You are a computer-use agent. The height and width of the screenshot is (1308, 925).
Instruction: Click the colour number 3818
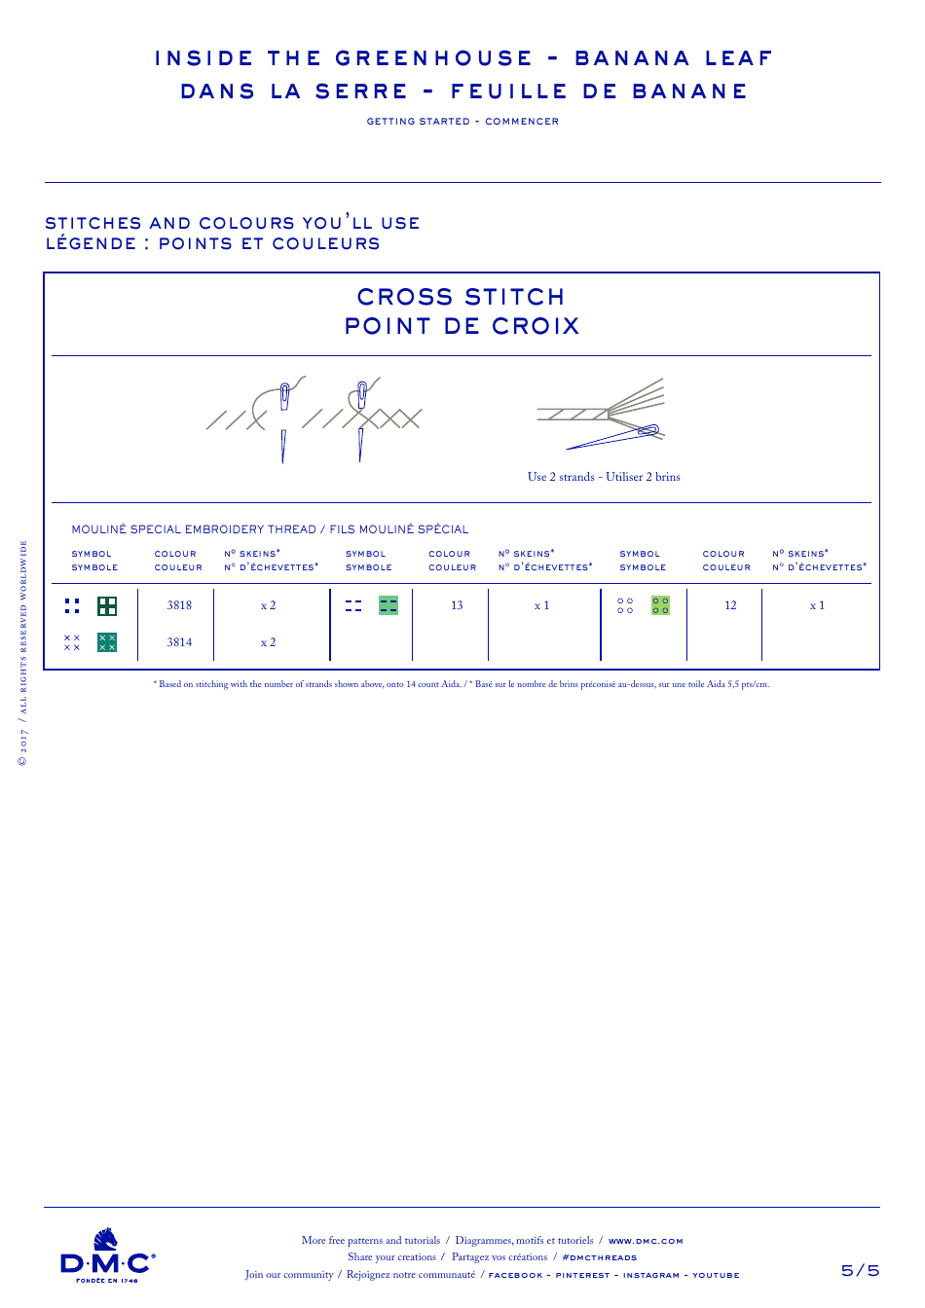179,605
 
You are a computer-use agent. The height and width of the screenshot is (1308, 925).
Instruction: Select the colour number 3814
179,642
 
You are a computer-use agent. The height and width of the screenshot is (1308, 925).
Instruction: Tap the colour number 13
457,605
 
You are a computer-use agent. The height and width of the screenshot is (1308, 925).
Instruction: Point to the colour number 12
730,605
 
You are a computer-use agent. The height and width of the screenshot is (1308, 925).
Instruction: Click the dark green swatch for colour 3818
107,606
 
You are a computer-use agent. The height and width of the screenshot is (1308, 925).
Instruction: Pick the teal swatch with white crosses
107,642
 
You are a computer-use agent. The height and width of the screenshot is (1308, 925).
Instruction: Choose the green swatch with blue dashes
388,605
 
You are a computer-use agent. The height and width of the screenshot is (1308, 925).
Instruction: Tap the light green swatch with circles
660,605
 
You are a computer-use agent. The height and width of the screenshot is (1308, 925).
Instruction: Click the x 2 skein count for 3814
268,642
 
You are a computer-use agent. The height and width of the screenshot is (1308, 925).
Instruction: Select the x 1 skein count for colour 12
817,605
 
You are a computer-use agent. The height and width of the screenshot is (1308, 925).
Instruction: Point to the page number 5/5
860,1270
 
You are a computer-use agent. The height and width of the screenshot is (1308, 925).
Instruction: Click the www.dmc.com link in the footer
646,1241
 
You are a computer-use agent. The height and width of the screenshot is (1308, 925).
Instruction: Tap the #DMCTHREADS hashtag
599,1257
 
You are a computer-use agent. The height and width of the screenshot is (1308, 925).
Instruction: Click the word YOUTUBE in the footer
716,1275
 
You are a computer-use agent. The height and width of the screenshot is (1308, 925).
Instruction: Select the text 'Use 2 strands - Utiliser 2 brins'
604,477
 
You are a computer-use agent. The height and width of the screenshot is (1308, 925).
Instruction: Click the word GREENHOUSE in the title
434,58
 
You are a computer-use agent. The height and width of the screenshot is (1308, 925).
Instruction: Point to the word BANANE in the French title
689,91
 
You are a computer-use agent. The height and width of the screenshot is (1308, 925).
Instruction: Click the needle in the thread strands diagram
613,438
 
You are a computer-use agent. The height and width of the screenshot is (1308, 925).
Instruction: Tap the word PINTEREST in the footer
582,1275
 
